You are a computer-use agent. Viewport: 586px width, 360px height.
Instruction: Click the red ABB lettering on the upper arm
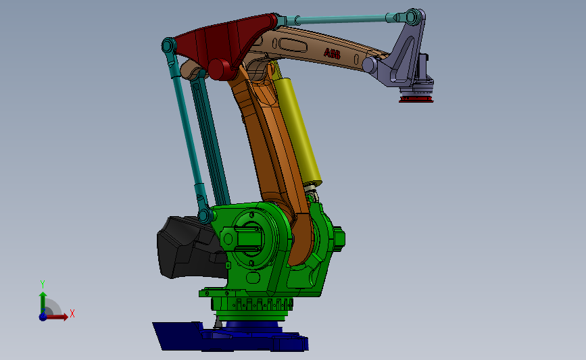[332, 53]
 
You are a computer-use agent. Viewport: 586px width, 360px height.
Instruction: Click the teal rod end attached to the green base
[205, 215]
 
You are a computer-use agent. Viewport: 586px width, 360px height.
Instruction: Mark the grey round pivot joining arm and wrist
[370, 65]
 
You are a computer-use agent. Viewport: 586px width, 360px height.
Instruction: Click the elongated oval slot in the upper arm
[295, 45]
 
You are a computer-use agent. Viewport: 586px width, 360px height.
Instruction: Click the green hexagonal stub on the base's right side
[339, 238]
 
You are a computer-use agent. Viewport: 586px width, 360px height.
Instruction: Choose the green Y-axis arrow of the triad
[43, 301]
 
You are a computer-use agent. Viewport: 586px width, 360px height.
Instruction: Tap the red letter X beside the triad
[72, 313]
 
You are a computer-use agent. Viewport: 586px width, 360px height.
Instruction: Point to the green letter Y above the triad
[42, 284]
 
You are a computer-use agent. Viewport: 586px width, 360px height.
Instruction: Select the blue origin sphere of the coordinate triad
[43, 316]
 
